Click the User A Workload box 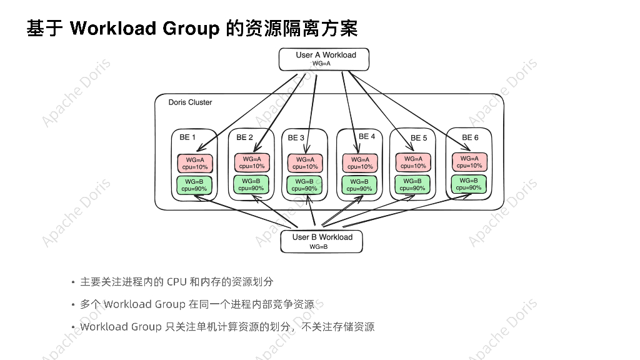324,59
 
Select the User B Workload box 322,241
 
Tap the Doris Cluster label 190,102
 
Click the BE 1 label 187,137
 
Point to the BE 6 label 471,137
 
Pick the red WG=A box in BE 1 195,163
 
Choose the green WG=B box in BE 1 194,184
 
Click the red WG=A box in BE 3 306,163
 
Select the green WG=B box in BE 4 359,185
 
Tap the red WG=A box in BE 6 469,162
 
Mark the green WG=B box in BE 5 412,184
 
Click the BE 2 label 245,137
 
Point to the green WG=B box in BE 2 252,184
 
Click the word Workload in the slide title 112,28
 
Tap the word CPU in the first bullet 177,282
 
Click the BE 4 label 367,137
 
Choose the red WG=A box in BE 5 413,162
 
